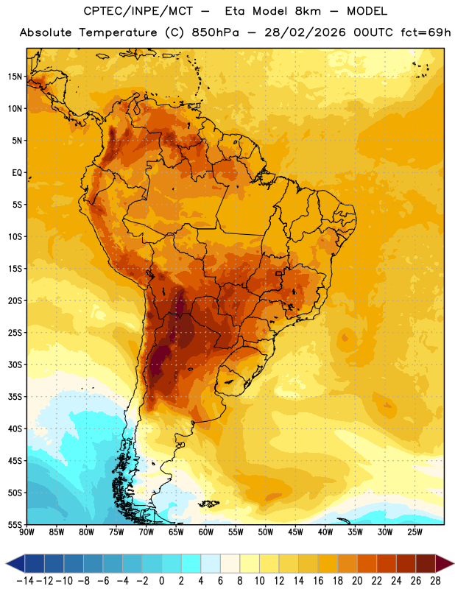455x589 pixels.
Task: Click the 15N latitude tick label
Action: tap(15, 77)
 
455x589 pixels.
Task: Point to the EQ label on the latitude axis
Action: tap(17, 173)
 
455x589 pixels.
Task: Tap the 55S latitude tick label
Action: tap(15, 524)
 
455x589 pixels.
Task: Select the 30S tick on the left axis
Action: tap(15, 364)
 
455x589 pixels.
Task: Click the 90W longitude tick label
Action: tap(27, 532)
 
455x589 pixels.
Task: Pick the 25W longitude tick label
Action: tap(415, 532)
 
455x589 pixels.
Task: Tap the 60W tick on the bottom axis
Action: tap(206, 532)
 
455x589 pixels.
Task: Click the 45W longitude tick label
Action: tap(295, 532)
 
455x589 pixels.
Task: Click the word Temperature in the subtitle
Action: tap(118, 32)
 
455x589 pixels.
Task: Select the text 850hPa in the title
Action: tap(215, 32)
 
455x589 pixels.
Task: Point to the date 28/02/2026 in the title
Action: tap(305, 32)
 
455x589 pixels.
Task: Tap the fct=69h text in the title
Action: tap(426, 32)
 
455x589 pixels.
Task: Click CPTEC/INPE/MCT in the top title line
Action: tap(138, 11)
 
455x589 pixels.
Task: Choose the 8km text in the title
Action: tap(308, 11)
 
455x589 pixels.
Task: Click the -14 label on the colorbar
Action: tap(25, 581)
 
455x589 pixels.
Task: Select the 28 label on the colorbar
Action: tap(435, 581)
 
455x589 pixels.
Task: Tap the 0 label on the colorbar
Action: tap(161, 581)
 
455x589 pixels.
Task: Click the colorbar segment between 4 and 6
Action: tap(211, 563)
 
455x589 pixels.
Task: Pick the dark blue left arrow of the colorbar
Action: tap(15, 563)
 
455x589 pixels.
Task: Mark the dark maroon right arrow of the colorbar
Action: tap(445, 563)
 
